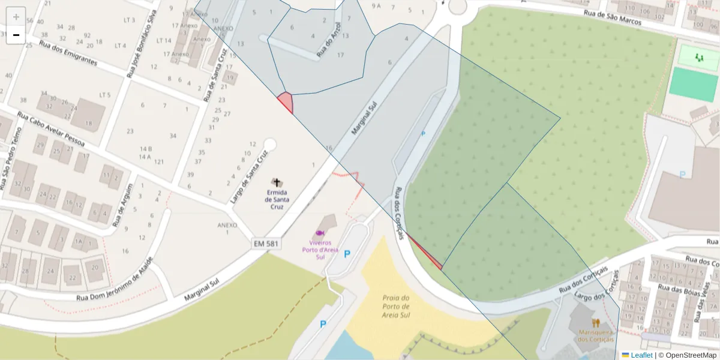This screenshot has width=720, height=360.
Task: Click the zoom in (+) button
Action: click(16, 17)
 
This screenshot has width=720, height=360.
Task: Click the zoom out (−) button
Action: click(16, 35)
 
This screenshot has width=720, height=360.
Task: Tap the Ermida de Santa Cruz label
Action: click(277, 200)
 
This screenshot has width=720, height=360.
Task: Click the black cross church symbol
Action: click(277, 182)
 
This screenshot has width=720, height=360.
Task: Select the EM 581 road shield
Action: click(266, 244)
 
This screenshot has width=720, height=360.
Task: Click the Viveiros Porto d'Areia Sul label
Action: click(320, 250)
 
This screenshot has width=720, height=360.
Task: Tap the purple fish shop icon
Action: click(320, 233)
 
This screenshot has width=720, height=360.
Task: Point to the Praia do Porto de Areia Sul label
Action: click(396, 306)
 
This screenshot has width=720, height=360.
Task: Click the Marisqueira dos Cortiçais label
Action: click(595, 335)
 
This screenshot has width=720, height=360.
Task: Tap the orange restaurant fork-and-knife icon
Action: click(595, 322)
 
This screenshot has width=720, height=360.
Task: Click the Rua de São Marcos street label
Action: click(613, 17)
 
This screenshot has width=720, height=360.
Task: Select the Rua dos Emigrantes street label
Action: click(68, 53)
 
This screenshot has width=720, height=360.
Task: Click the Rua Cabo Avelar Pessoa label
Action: click(50, 130)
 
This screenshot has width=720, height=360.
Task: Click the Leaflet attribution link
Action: click(641, 355)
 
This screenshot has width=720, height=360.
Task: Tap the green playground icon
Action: click(698, 58)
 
